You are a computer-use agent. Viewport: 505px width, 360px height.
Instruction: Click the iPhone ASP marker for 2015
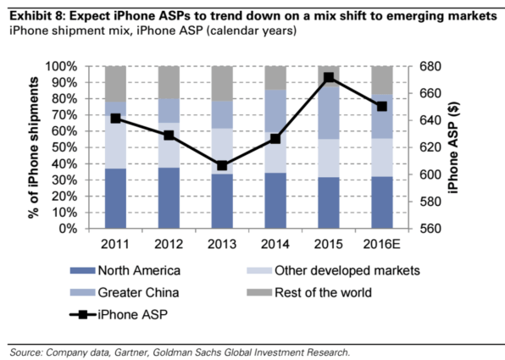pyautogui.click(x=329, y=78)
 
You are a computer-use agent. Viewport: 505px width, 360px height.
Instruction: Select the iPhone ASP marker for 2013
pyautogui.click(x=222, y=165)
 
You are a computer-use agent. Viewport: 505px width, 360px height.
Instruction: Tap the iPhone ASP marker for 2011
pyautogui.click(x=116, y=119)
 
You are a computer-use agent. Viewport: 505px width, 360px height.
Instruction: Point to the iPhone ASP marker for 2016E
pyautogui.click(x=382, y=107)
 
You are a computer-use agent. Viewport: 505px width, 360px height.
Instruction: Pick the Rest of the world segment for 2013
pyautogui.click(x=222, y=83)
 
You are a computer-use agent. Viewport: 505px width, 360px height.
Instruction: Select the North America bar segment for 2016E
pyautogui.click(x=382, y=202)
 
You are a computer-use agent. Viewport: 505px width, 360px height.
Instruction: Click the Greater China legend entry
pyautogui.click(x=136, y=292)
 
